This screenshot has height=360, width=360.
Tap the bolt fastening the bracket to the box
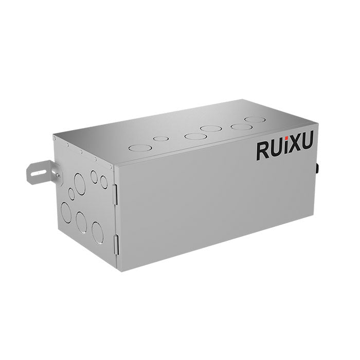click(58, 175)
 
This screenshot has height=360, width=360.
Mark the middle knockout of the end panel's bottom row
click(81, 220)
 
